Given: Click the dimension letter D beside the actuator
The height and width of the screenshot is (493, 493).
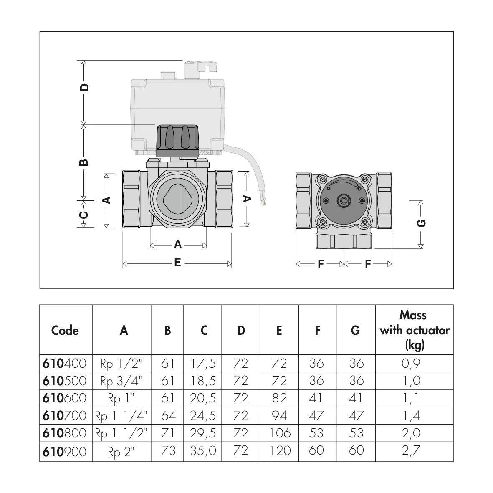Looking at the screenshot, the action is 85,87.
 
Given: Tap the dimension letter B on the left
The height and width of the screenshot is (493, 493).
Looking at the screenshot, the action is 84,162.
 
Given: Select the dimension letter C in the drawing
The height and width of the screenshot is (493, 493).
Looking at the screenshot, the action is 83,215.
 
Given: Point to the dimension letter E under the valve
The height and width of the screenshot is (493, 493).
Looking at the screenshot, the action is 178,263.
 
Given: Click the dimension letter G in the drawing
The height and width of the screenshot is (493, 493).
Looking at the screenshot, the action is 421,223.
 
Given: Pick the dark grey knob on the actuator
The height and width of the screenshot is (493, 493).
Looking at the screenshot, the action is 178,141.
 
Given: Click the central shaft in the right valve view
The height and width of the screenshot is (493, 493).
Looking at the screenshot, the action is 343,200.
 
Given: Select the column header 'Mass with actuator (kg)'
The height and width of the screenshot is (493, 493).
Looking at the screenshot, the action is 415,330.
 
